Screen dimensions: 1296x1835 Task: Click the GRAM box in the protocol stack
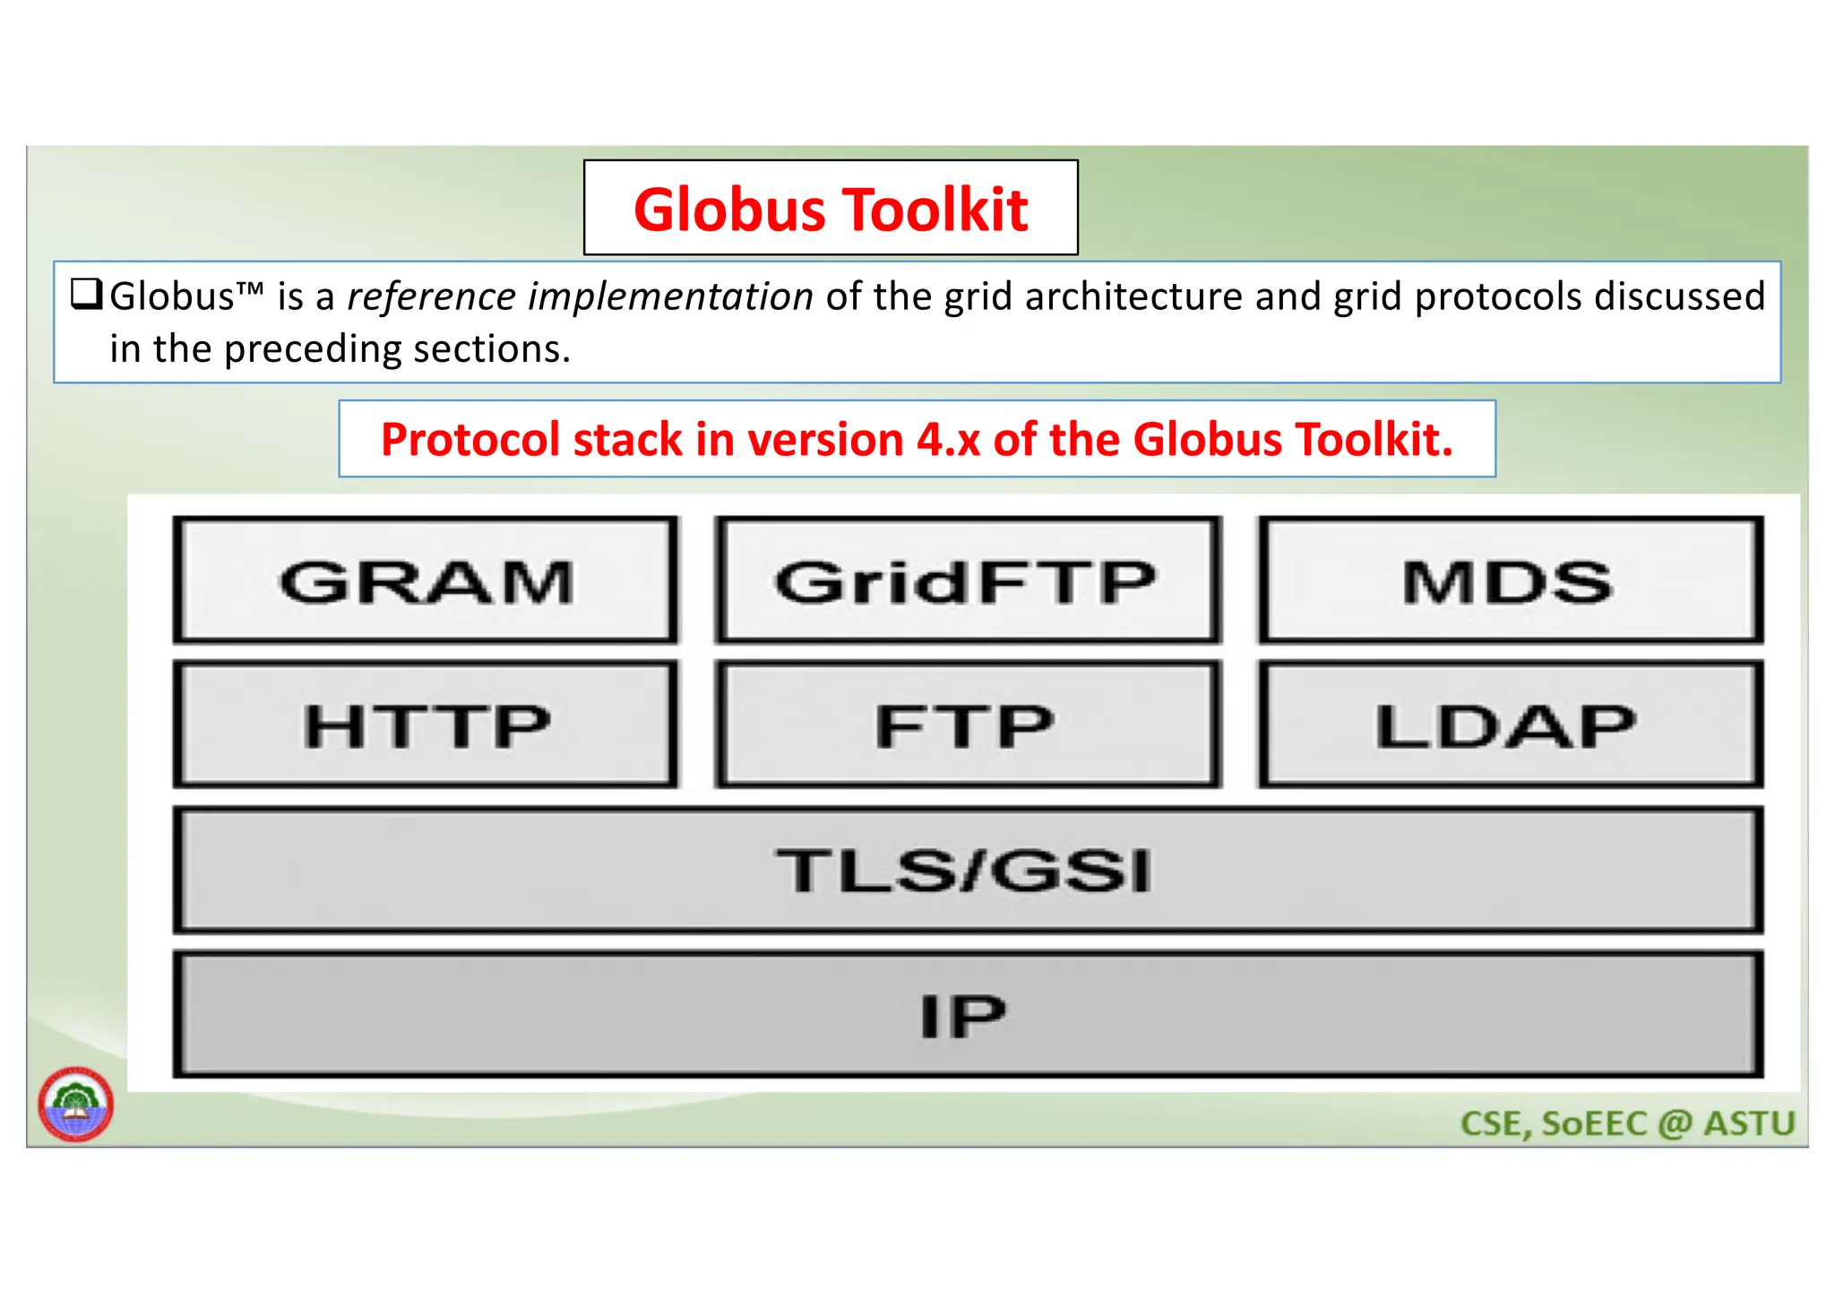426,580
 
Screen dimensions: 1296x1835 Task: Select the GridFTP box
967,580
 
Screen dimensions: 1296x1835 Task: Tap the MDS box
1510,580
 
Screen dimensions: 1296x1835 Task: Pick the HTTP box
426,725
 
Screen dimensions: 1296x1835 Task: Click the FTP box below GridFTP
967,725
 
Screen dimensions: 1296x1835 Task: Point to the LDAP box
1510,725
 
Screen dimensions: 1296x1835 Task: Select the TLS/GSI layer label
966,870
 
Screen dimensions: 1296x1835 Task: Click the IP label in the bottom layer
964,1016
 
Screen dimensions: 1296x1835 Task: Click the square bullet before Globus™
87,294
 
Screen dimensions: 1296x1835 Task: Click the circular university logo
75,1103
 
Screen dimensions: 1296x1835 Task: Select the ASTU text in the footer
1749,1123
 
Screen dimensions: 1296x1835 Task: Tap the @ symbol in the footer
1675,1123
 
